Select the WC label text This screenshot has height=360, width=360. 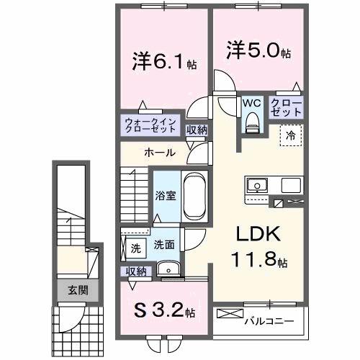click(251, 104)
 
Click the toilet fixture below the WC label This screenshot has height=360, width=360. click(251, 122)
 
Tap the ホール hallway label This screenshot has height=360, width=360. click(158, 153)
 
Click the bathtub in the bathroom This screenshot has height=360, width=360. click(194, 196)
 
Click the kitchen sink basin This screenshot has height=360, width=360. click(256, 186)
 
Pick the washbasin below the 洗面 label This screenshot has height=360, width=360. click(171, 269)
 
